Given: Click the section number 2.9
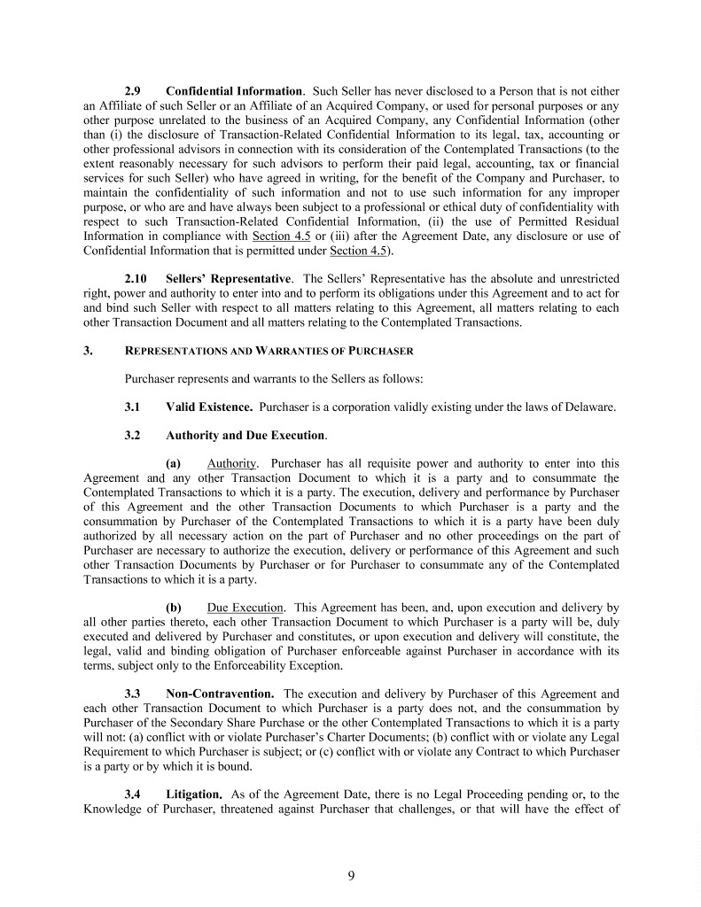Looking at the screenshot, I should click(135, 91).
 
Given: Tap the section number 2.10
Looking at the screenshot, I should click(137, 281).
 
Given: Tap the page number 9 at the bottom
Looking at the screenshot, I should click(351, 876).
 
